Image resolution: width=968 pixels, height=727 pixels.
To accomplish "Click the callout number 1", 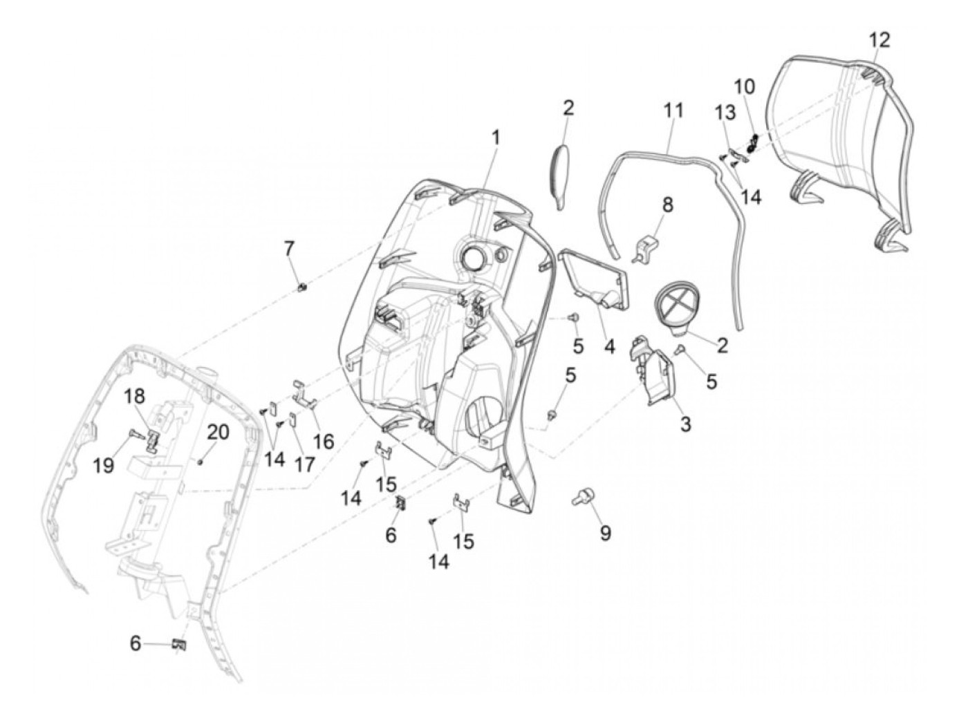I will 495,138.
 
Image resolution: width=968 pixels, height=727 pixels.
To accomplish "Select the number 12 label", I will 879,40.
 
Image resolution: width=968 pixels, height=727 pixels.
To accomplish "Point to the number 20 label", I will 218,433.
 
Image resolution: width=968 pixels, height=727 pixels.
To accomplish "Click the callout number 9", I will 605,533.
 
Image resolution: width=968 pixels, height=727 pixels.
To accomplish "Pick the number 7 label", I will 289,247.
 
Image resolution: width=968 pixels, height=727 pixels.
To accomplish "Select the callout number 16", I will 323,441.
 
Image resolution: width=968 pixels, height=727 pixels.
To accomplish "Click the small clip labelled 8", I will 645,247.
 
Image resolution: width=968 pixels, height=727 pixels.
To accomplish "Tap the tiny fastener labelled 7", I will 301,287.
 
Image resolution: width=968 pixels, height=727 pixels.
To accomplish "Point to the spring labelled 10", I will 753,144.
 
